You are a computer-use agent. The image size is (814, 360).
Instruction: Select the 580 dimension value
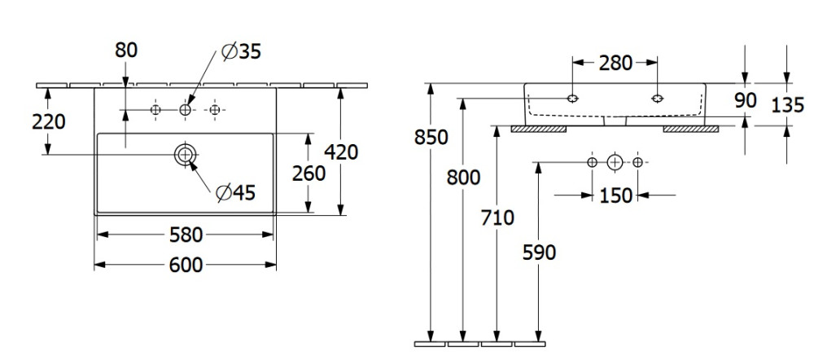click(186, 235)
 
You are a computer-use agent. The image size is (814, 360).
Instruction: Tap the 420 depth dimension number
click(340, 151)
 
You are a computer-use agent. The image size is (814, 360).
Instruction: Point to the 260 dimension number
click(309, 173)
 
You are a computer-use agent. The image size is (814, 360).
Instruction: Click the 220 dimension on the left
click(49, 121)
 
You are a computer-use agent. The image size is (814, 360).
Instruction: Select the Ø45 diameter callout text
click(236, 192)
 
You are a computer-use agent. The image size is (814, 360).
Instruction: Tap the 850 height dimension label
click(431, 137)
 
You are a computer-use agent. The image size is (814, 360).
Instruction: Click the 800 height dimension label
click(464, 178)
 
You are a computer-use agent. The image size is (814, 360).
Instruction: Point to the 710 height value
click(497, 217)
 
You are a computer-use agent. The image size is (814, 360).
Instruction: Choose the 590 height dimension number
click(539, 252)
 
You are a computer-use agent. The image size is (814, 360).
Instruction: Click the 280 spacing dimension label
click(615, 63)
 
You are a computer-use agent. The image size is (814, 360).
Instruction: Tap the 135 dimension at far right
click(788, 103)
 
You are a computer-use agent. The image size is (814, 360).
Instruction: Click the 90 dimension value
click(745, 100)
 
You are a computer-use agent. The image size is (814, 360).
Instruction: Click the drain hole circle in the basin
click(185, 155)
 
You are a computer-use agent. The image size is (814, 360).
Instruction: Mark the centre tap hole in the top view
click(185, 109)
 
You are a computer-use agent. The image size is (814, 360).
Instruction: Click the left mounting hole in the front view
click(572, 99)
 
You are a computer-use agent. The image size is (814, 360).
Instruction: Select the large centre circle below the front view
click(615, 162)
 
